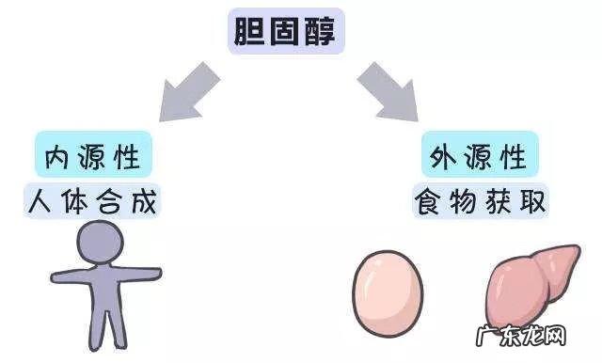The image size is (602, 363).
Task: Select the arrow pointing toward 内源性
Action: tap(193, 90)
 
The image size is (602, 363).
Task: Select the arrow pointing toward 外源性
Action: tap(387, 90)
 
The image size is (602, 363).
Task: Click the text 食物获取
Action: tap(480, 199)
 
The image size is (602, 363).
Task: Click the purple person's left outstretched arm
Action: tap(65, 276)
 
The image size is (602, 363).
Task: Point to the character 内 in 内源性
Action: tap(57, 156)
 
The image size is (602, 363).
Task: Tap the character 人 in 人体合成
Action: tap(43, 199)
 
